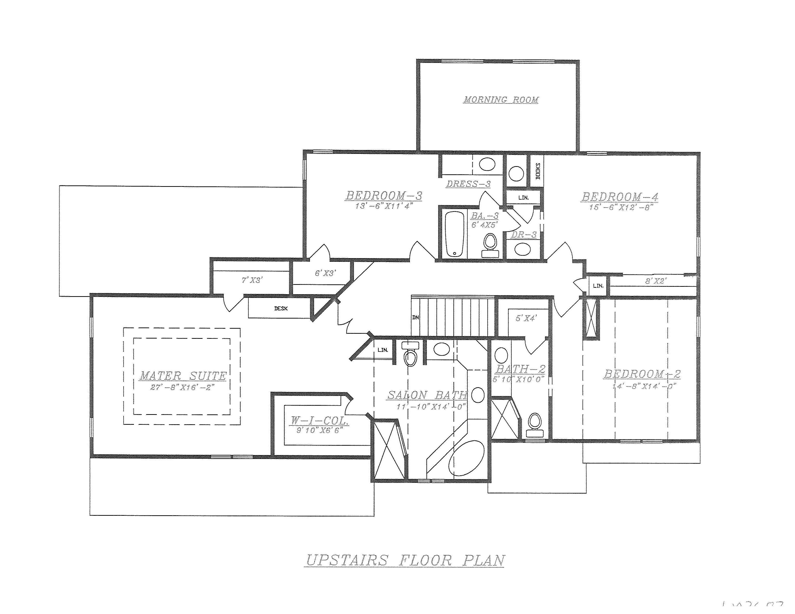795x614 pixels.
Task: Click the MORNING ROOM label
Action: pos(501,100)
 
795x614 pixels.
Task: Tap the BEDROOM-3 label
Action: pos(384,196)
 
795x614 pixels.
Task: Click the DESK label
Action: pos(281,308)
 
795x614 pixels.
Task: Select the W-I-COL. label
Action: pos(320,421)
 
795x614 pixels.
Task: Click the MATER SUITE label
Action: pos(183,376)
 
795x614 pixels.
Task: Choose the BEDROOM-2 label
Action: pos(642,374)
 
